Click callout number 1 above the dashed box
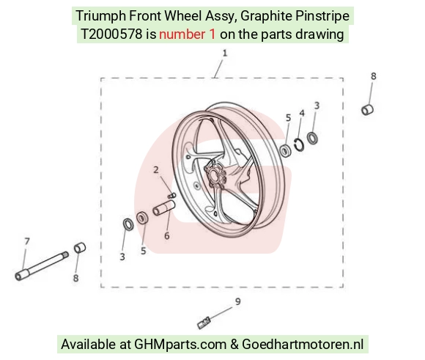click(224, 54)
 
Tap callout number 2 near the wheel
click(156, 170)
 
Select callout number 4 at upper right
click(302, 113)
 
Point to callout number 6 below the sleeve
click(167, 235)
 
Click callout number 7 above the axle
click(27, 241)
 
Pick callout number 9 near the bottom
click(237, 301)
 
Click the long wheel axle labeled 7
click(42, 266)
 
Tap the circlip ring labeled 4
click(300, 144)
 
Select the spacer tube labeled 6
click(164, 208)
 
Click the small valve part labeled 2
click(172, 195)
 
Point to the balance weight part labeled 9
click(204, 323)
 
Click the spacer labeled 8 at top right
click(368, 109)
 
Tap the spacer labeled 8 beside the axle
click(80, 248)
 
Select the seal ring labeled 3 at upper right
click(312, 138)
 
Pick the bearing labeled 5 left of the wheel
click(142, 218)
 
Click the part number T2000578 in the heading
click(111, 34)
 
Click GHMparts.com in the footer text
click(180, 345)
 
